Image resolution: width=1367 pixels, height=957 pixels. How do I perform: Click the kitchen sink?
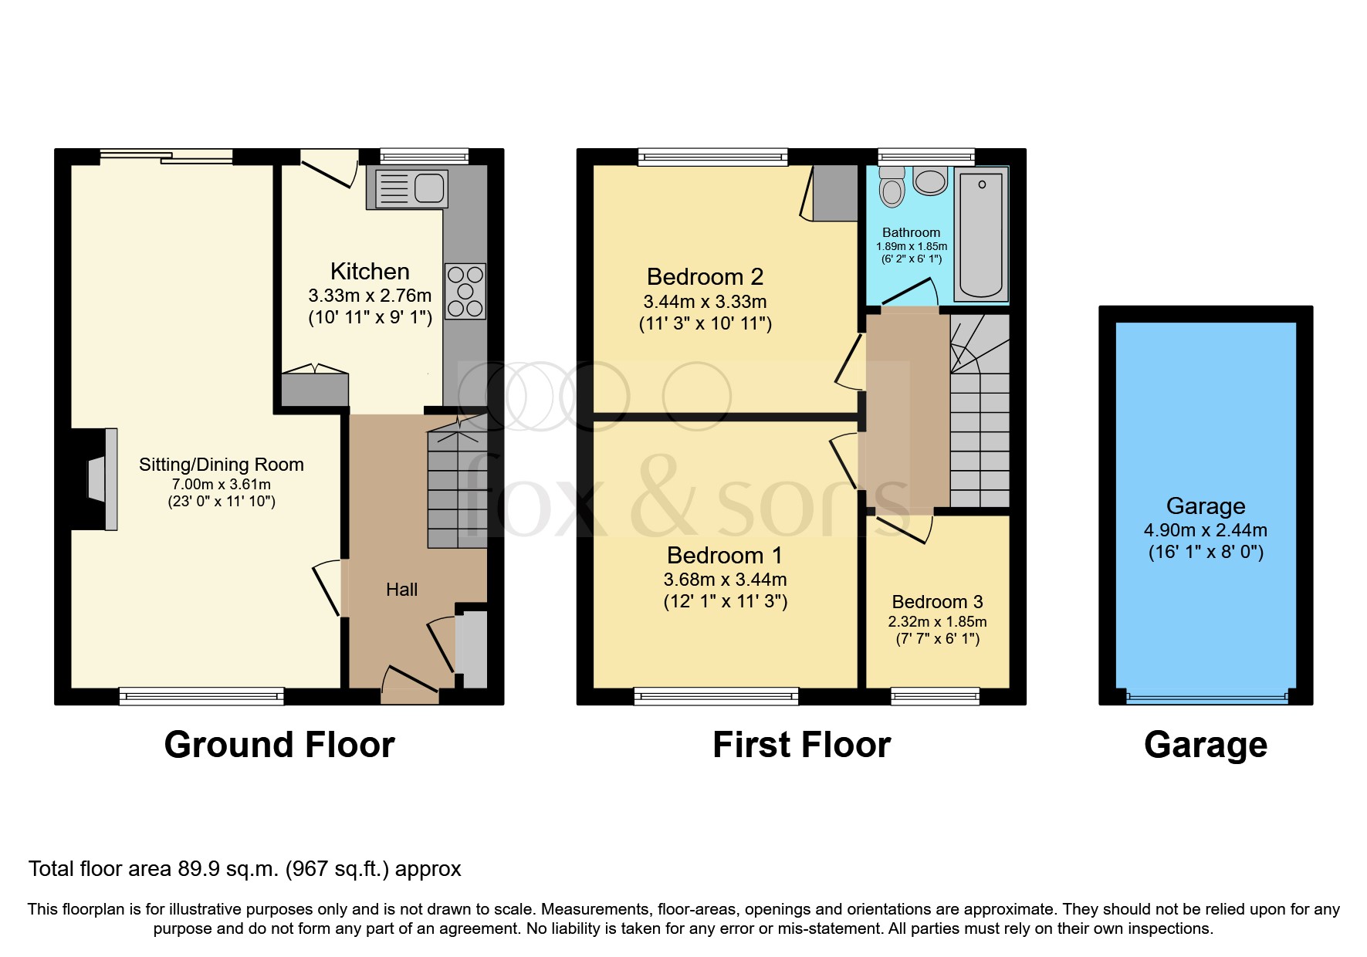pyautogui.click(x=411, y=188)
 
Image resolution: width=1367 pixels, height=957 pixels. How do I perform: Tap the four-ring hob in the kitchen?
pyautogui.click(x=465, y=291)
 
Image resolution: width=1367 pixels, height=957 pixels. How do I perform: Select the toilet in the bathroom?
pyautogui.click(x=892, y=188)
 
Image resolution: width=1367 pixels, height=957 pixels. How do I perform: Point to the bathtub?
pyautogui.click(x=981, y=235)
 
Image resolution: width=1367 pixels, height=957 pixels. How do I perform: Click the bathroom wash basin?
pyautogui.click(x=930, y=181)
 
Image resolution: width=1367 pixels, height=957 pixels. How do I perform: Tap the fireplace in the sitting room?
pyautogui.click(x=100, y=479)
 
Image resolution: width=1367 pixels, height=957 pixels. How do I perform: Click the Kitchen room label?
pyautogui.click(x=370, y=271)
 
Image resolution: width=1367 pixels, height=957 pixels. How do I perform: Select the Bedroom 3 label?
pyautogui.click(x=937, y=601)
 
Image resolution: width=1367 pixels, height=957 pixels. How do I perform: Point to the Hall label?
pyautogui.click(x=401, y=590)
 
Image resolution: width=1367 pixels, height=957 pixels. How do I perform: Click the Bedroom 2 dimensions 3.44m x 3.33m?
pyautogui.click(x=705, y=302)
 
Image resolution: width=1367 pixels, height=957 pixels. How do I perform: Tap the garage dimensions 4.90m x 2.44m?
pyautogui.click(x=1205, y=530)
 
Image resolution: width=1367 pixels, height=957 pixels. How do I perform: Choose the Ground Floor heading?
pyautogui.click(x=279, y=745)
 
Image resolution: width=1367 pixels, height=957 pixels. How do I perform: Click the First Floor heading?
pyautogui.click(x=801, y=745)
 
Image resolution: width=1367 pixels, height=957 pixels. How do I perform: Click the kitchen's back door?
pyautogui.click(x=328, y=167)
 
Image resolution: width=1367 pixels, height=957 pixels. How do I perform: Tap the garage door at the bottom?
pyautogui.click(x=1206, y=698)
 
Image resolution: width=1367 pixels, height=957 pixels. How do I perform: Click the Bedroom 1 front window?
pyautogui.click(x=716, y=697)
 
